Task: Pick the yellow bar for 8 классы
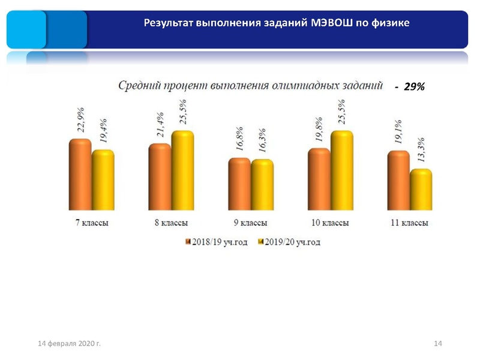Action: pyautogui.click(x=182, y=170)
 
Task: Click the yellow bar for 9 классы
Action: pyautogui.click(x=262, y=184)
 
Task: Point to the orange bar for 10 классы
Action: pyautogui.click(x=319, y=179)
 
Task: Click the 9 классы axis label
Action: pyautogui.click(x=250, y=223)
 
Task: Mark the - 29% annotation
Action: pyautogui.click(x=410, y=87)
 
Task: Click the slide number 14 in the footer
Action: pyautogui.click(x=437, y=343)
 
